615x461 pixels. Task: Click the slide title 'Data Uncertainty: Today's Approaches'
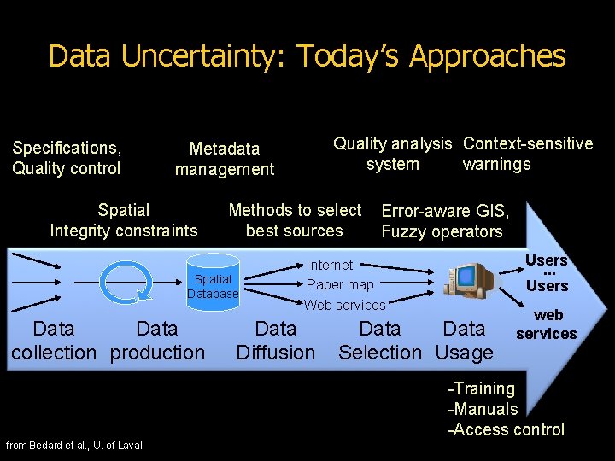click(307, 56)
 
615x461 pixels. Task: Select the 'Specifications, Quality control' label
click(67, 158)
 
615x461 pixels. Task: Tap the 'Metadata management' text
click(225, 159)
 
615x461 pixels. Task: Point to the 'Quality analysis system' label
click(392, 154)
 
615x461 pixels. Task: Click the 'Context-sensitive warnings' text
click(527, 154)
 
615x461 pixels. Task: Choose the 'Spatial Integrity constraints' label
click(124, 220)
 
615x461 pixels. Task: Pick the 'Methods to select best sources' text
click(295, 220)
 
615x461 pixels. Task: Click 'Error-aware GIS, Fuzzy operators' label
click(444, 221)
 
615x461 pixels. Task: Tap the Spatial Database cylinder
click(213, 285)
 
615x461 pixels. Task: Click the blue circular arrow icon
click(126, 281)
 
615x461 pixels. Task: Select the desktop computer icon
click(467, 281)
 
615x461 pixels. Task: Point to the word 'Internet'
click(330, 266)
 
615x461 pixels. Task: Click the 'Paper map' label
click(340, 284)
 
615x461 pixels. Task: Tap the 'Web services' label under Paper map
click(345, 305)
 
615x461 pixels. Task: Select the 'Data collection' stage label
click(54, 341)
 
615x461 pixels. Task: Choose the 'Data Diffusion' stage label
click(276, 341)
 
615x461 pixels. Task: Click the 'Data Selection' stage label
click(380, 341)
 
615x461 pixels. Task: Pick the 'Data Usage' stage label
click(464, 341)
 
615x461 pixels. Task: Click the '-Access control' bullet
click(507, 429)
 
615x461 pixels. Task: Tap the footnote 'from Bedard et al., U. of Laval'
click(74, 445)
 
